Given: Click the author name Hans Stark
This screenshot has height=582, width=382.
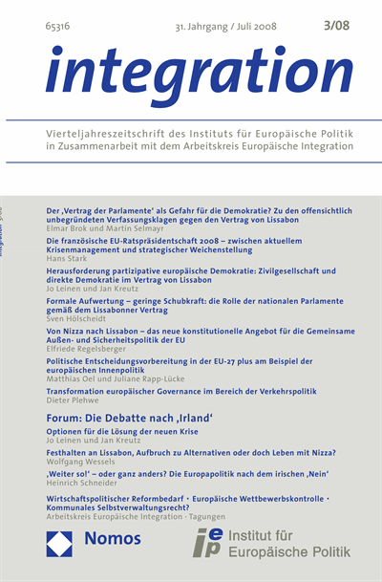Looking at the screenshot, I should tap(67, 259).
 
